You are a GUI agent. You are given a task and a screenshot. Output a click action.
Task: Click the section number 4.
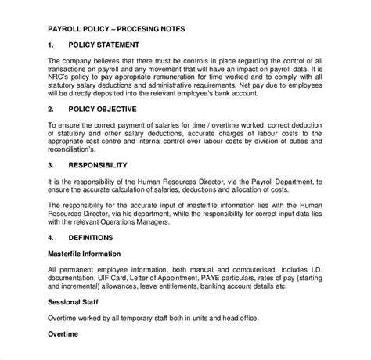click(51, 236)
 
